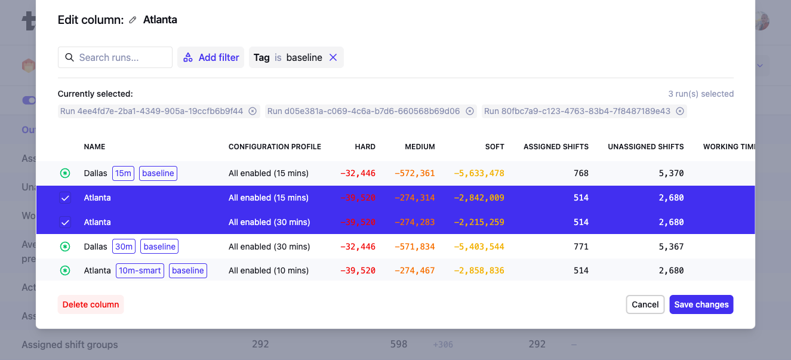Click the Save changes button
(x=701, y=304)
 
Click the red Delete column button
(x=91, y=304)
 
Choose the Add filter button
(x=211, y=57)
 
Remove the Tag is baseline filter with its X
(x=333, y=57)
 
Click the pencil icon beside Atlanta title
(x=133, y=20)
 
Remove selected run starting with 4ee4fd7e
(x=253, y=111)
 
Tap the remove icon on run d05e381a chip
(x=469, y=111)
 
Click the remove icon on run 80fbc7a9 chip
(x=679, y=111)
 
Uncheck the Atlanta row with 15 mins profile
(x=65, y=198)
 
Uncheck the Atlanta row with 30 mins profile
(x=65, y=222)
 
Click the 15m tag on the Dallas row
(x=123, y=173)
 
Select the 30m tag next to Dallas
(x=124, y=247)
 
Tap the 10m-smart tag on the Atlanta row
(x=140, y=270)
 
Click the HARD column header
(x=365, y=147)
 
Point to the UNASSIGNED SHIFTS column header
(x=645, y=147)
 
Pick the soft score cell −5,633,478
(x=479, y=173)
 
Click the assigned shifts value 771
(x=581, y=247)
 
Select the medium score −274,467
(x=414, y=270)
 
